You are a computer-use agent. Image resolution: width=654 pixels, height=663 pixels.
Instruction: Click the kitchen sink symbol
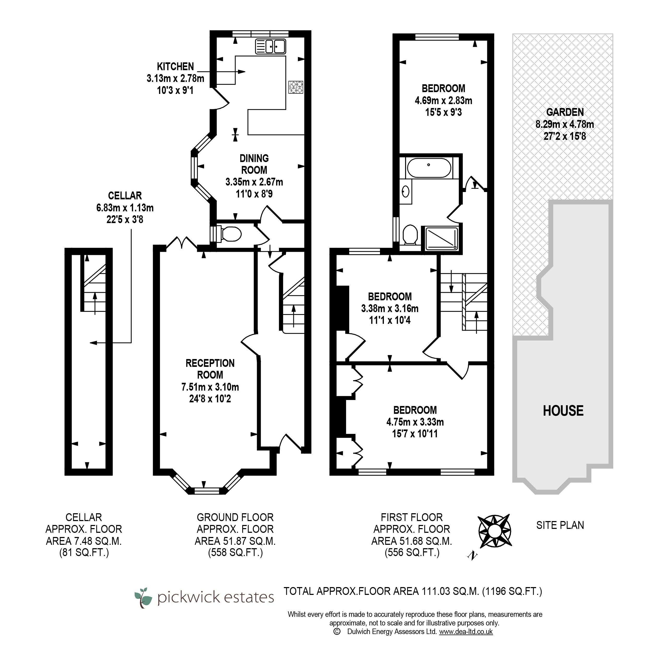270,46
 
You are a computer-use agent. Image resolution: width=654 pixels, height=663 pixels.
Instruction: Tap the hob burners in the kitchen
296,87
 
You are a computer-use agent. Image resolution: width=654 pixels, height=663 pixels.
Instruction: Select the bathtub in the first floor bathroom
429,168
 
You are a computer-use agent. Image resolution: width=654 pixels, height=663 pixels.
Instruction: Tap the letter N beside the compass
472,556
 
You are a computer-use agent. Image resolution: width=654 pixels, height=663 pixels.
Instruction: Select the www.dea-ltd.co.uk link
466,631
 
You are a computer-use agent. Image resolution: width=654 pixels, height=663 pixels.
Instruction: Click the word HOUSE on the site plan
563,411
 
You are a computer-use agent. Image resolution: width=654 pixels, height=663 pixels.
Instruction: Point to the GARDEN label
565,112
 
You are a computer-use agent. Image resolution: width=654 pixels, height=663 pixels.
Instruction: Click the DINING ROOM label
254,164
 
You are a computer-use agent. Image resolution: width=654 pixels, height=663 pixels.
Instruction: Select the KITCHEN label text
175,67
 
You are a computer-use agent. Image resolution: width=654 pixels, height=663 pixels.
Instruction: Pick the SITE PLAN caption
560,525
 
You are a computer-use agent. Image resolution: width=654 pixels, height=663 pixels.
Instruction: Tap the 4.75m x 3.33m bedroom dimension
415,422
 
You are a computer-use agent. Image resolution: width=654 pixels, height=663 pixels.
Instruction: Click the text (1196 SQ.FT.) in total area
512,591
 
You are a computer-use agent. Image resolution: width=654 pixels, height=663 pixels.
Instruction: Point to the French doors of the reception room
182,243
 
